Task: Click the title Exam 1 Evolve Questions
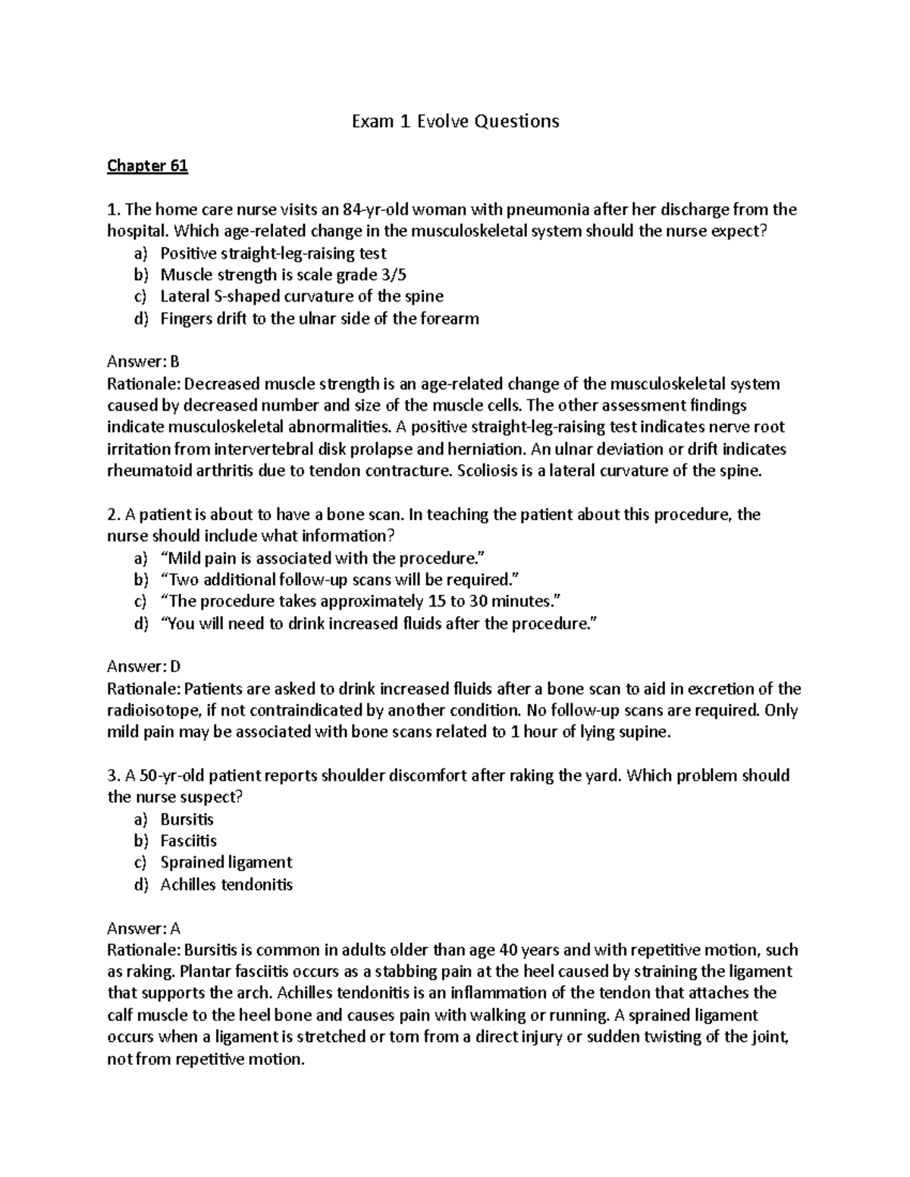(455, 121)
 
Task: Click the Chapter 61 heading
(147, 166)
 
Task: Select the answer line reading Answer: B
(143, 362)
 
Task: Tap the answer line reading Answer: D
(144, 667)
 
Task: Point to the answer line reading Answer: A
(143, 928)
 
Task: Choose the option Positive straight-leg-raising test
(273, 253)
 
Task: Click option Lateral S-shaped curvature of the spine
(302, 296)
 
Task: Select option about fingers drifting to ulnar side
(319, 318)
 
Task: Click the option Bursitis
(187, 819)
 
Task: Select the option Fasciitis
(188, 841)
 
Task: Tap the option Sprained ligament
(226, 862)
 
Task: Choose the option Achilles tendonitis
(226, 884)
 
